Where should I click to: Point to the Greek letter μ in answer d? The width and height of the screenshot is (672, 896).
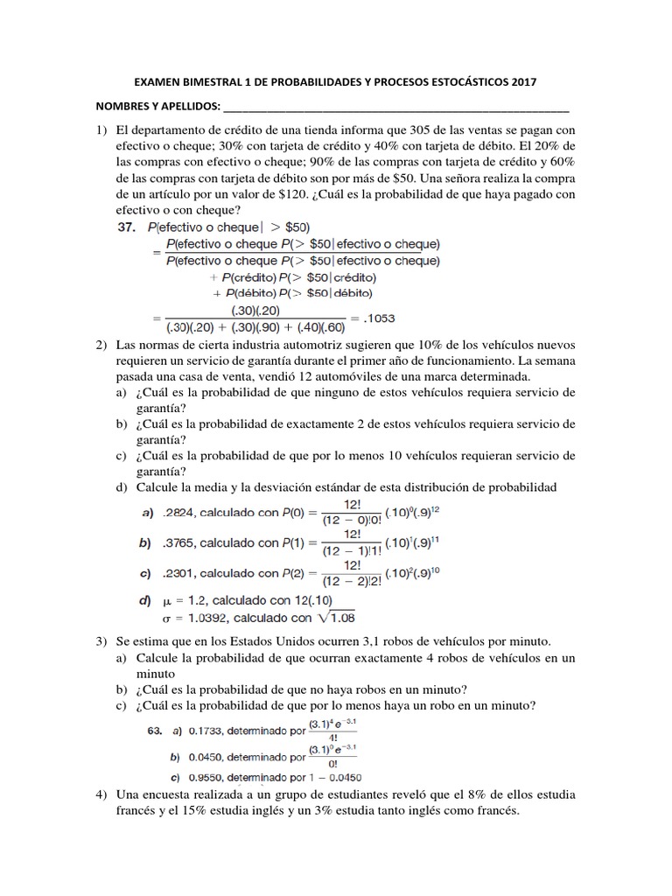164,602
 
